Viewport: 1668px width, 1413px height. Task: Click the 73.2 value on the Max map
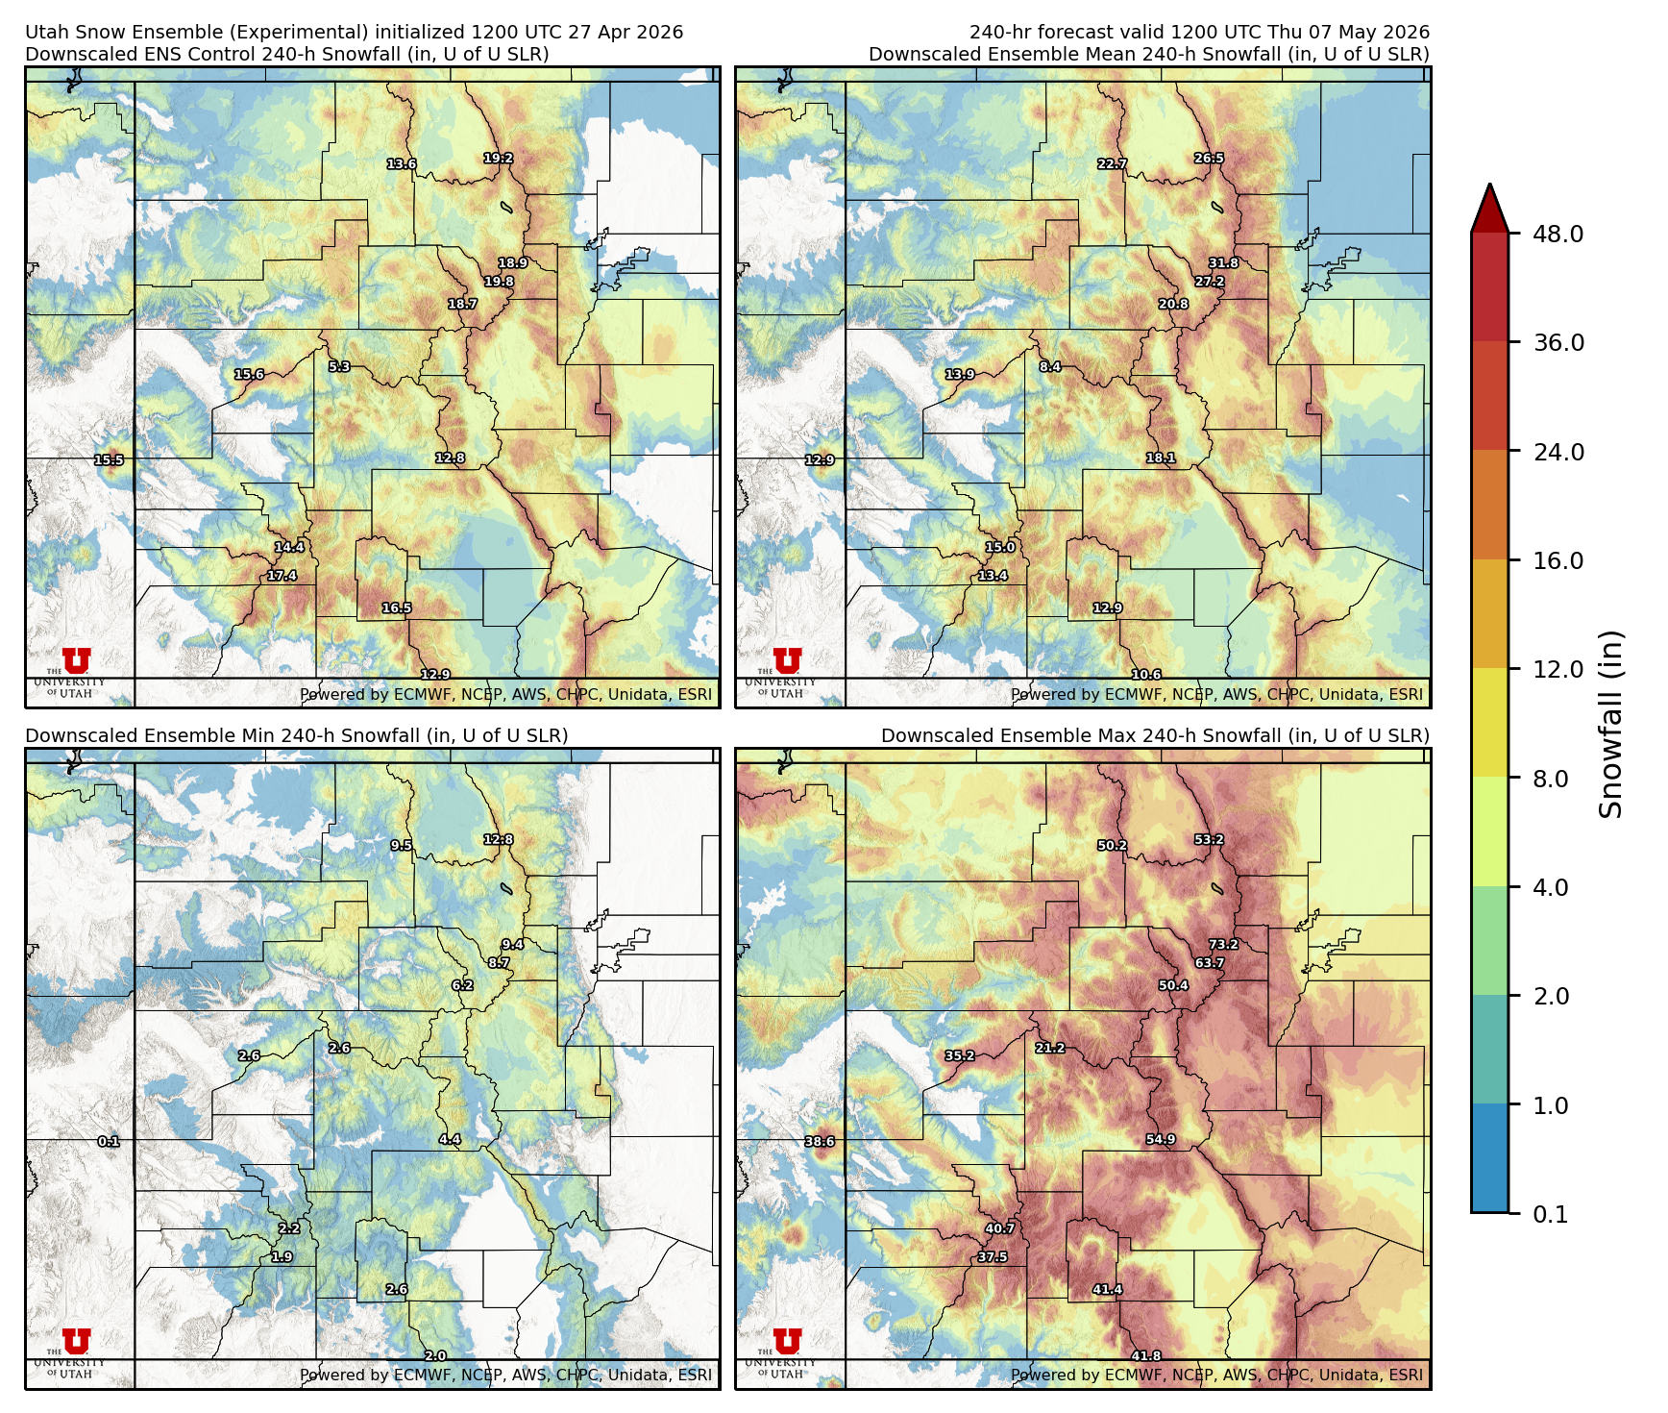click(1223, 944)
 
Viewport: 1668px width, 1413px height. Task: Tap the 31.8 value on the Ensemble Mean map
click(1223, 262)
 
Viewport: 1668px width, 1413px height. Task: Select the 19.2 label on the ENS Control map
click(498, 158)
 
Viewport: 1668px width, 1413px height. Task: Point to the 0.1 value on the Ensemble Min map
click(109, 1141)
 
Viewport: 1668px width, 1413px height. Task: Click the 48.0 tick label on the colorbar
click(1558, 234)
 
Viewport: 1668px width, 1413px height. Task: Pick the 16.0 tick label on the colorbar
click(1558, 560)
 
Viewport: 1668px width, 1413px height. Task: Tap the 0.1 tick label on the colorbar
click(1550, 1214)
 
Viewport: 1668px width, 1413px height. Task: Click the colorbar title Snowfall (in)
click(1610, 723)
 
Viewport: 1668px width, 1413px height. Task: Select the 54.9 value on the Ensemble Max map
click(1161, 1139)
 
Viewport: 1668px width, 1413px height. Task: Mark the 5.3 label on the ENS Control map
click(339, 366)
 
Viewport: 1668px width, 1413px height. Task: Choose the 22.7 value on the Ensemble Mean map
click(1112, 163)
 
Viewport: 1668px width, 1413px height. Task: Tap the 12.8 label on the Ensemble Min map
click(498, 839)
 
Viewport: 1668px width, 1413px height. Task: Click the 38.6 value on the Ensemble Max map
click(820, 1141)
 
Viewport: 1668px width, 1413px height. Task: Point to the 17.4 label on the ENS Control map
click(282, 576)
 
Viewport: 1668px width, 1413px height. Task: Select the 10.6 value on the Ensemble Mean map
click(1146, 674)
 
